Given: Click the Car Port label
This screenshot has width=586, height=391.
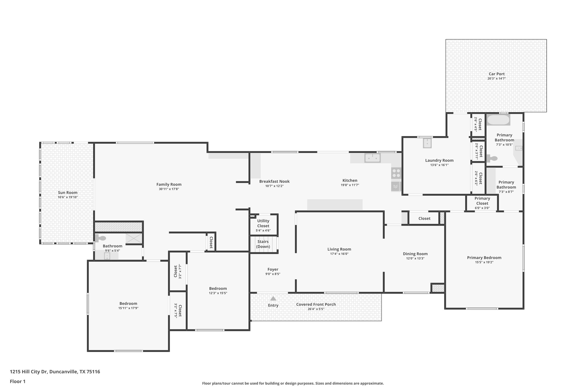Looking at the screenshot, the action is point(496,74).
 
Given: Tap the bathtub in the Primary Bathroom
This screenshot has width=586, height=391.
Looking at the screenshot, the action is point(498,120).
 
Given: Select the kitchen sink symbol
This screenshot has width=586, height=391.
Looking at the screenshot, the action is point(372,158).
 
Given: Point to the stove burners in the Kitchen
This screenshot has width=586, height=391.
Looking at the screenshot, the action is point(396,173).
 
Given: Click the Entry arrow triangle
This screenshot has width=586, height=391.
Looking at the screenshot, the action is point(273,298).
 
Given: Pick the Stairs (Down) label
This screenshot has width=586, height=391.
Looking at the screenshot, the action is point(263,244).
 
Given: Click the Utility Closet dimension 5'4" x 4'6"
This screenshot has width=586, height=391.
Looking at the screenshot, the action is point(263,231).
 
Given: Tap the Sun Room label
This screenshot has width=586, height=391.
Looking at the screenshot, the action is point(68,193).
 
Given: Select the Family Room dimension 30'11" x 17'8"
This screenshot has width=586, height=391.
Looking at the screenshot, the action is point(169,189).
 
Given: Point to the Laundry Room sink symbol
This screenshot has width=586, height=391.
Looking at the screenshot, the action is point(427,143).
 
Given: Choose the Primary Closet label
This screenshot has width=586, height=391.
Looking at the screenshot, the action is point(482,201).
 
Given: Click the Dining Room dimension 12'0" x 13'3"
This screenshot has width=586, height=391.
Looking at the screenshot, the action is point(415,258).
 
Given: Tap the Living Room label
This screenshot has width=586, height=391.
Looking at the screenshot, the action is point(339,249).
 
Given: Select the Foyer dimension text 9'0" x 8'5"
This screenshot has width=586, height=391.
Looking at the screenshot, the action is point(273,274).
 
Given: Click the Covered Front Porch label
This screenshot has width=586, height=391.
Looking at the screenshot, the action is point(316,304).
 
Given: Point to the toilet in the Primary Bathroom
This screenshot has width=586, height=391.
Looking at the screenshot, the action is point(492,158).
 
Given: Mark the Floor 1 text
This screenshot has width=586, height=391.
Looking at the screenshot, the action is point(18,382).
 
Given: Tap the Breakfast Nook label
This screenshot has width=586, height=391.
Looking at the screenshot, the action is point(274,181).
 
